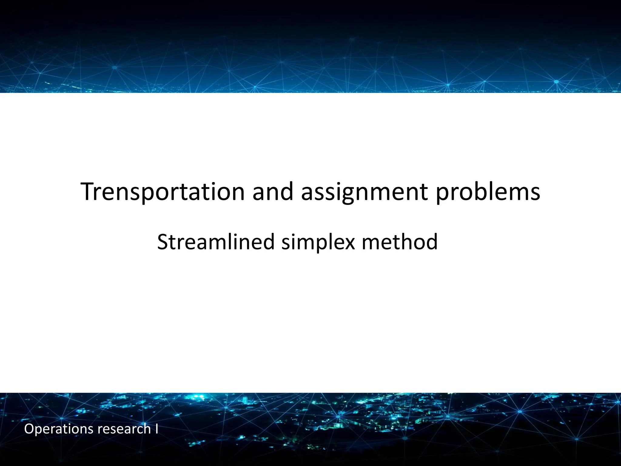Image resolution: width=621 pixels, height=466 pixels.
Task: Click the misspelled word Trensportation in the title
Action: [163, 192]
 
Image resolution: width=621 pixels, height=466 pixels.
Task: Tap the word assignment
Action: [364, 192]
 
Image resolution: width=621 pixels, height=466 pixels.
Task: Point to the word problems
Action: [488, 192]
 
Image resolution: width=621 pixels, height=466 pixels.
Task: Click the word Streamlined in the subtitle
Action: [216, 242]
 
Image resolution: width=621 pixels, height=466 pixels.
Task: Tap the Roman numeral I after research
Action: [156, 429]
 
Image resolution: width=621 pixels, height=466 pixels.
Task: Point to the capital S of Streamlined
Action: [163, 242]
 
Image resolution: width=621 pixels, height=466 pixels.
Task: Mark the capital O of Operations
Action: [29, 429]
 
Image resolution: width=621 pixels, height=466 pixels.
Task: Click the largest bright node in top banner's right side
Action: [556, 82]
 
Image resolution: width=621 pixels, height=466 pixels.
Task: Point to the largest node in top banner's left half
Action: [115, 67]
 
